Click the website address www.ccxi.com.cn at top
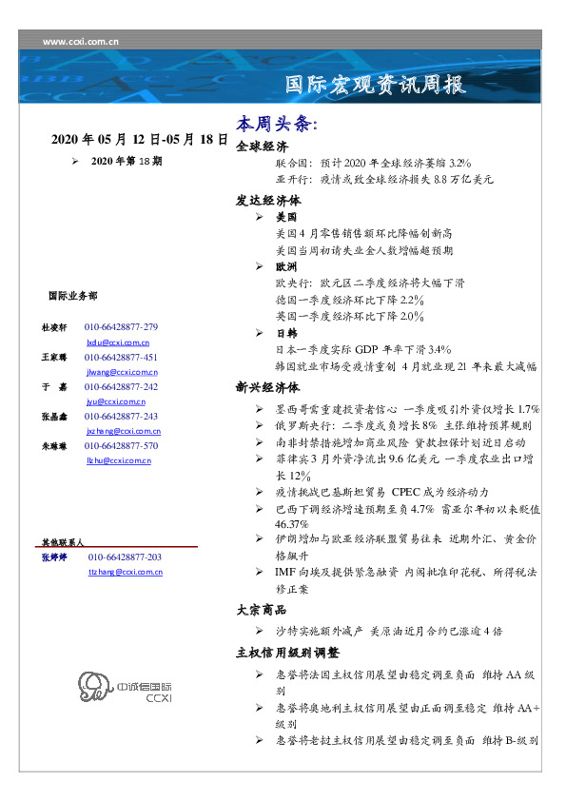tap(81, 40)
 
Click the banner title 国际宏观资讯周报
tap(377, 85)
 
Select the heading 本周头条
tap(276, 125)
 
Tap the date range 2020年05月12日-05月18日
tap(139, 139)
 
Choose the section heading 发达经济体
tap(268, 201)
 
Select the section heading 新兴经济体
tap(268, 388)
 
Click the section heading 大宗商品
tap(262, 609)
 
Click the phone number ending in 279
tap(121, 327)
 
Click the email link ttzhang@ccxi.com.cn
tap(126, 572)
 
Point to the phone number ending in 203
tap(125, 557)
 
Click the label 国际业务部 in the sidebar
tap(71, 296)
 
